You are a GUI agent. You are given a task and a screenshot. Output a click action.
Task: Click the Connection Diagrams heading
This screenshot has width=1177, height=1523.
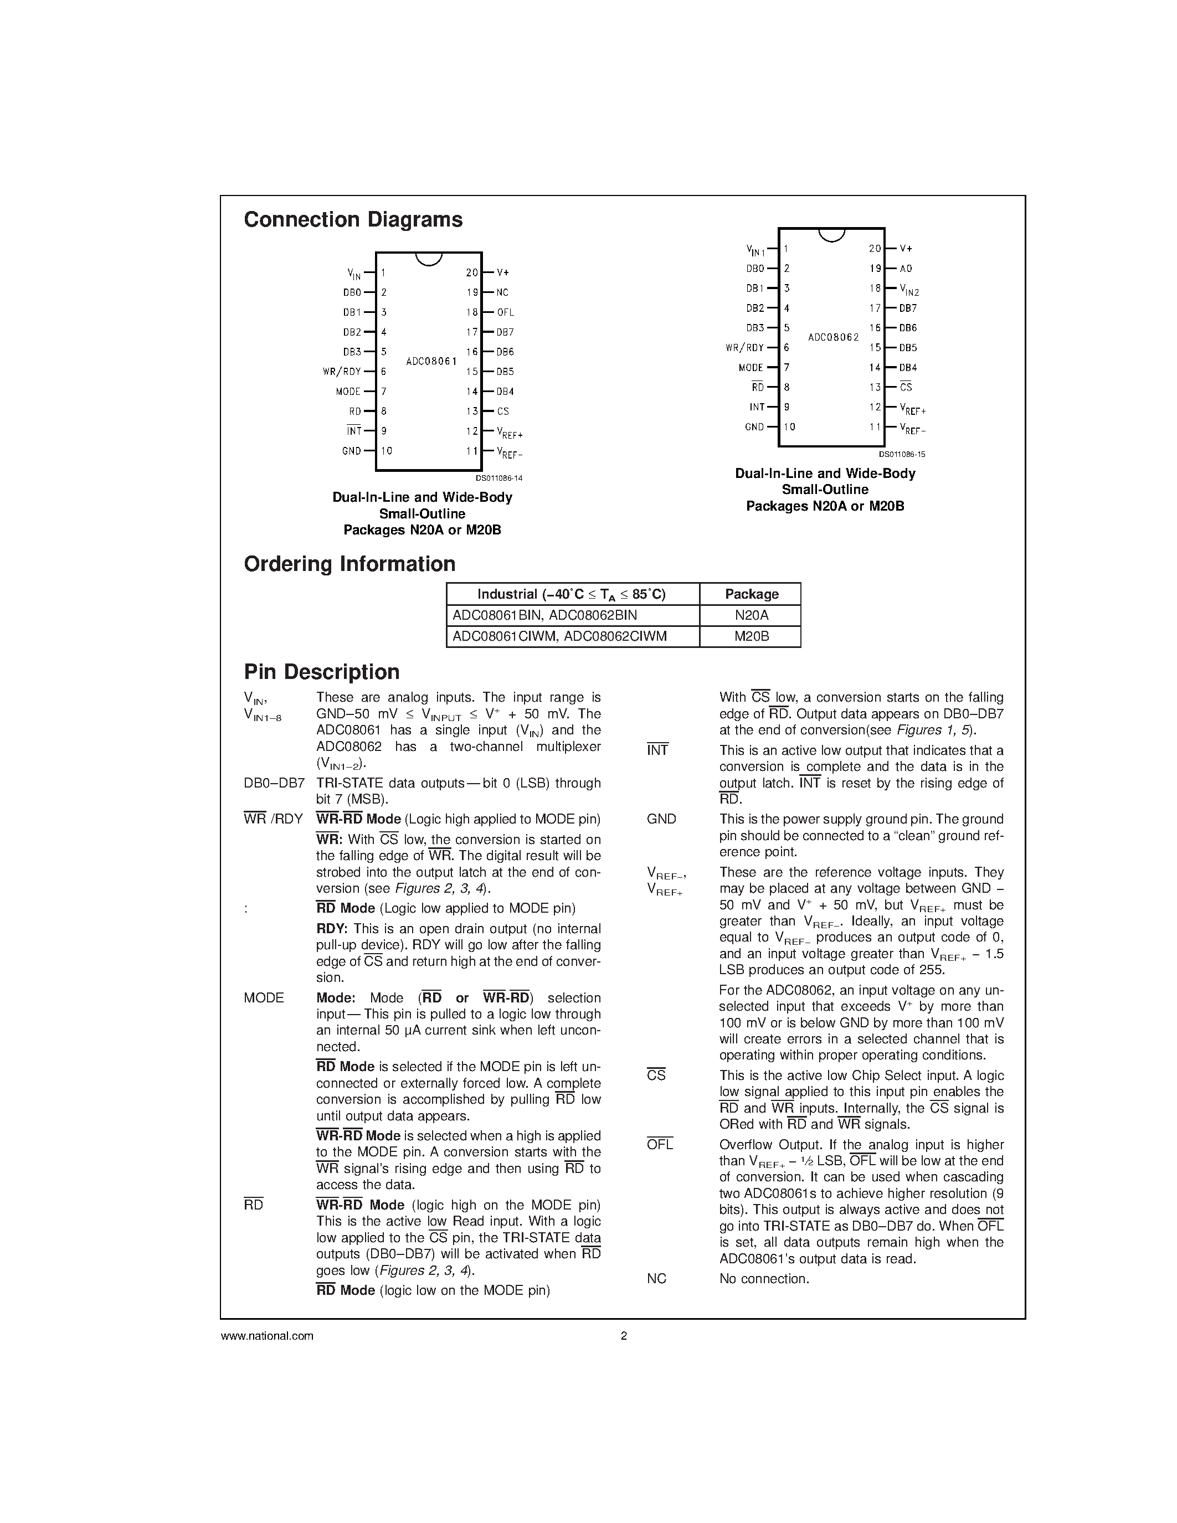click(353, 220)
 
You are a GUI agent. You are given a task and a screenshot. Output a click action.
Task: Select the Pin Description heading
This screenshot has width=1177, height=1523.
click(321, 672)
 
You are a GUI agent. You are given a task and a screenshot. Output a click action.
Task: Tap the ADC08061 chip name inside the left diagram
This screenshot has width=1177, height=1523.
click(431, 361)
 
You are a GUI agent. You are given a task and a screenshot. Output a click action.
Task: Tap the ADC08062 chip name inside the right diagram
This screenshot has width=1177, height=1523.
click(833, 337)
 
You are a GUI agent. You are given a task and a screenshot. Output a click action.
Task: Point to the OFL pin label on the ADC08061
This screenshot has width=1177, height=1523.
click(506, 312)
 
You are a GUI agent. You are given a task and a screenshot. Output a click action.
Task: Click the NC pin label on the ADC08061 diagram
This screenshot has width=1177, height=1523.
click(503, 293)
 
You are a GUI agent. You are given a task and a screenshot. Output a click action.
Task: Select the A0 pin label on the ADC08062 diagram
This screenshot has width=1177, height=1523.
click(906, 269)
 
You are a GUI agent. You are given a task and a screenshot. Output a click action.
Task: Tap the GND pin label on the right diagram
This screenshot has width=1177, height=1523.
click(754, 427)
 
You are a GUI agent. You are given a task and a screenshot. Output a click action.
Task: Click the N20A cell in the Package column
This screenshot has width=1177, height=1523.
click(751, 615)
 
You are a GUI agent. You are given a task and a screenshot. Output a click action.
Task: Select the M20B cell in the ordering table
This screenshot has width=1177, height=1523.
click(751, 636)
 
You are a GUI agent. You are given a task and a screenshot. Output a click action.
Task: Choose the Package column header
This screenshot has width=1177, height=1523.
click(751, 594)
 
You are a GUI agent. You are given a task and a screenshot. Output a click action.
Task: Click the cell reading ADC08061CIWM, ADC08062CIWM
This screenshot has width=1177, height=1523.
click(559, 636)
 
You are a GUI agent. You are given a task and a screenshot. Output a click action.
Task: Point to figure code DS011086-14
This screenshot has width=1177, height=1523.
click(498, 478)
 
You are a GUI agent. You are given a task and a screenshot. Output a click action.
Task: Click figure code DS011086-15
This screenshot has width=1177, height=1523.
click(902, 454)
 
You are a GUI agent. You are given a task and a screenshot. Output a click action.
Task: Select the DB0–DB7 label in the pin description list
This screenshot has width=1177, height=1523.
click(274, 783)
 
